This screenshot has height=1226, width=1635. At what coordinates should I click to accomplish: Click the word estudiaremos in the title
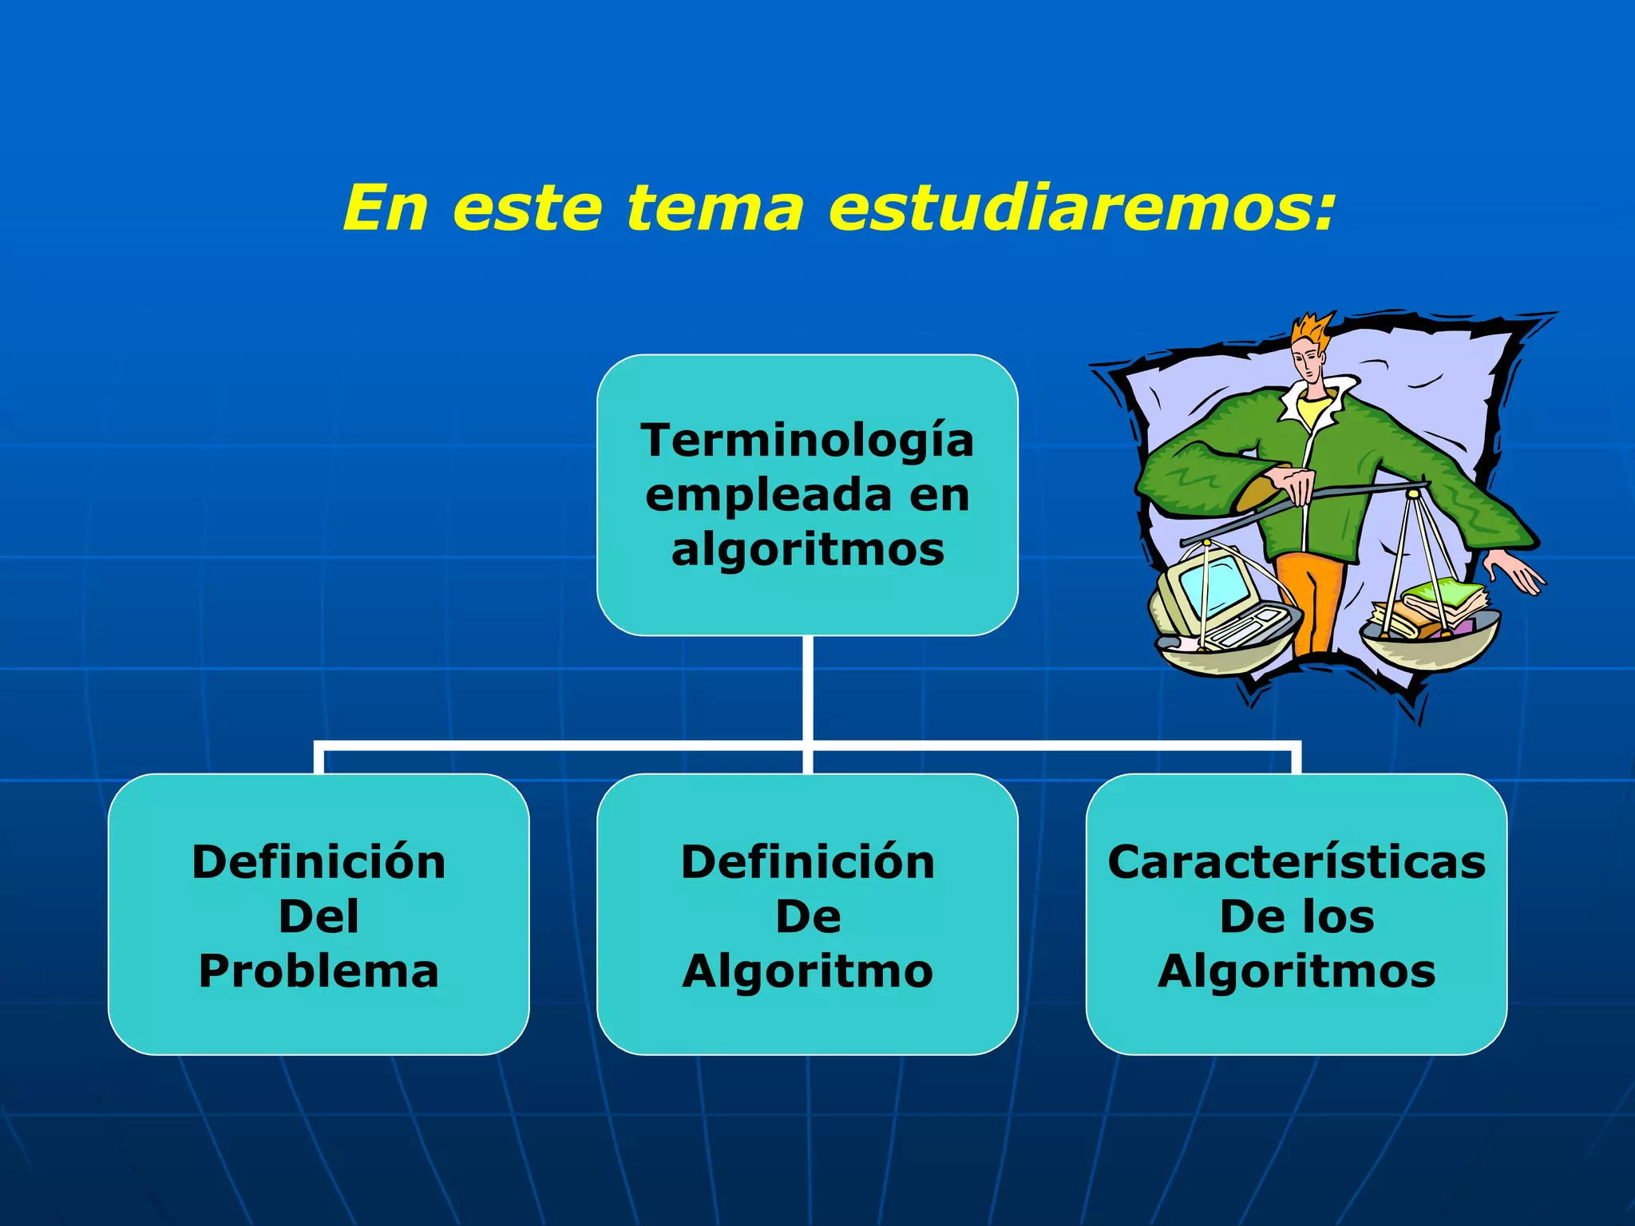[1082, 209]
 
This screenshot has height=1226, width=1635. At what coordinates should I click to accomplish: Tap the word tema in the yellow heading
[715, 209]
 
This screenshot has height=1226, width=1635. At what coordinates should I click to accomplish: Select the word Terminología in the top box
[807, 441]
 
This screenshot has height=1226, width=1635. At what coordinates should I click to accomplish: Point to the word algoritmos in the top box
[807, 551]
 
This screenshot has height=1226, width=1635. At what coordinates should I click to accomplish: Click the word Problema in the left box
[319, 971]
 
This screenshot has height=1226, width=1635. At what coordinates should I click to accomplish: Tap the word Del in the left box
[319, 916]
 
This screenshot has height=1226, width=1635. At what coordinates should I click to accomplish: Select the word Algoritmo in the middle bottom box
[807, 971]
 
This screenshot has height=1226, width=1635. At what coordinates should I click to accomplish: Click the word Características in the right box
[1297, 863]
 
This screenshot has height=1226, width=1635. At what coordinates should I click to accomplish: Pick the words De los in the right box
[1297, 916]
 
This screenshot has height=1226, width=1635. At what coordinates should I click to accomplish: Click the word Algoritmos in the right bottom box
[1297, 971]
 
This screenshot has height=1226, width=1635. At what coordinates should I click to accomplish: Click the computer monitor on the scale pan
[1205, 587]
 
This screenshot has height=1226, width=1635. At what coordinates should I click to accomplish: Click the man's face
[1308, 363]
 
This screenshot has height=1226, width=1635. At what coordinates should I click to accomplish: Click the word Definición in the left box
[319, 863]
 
